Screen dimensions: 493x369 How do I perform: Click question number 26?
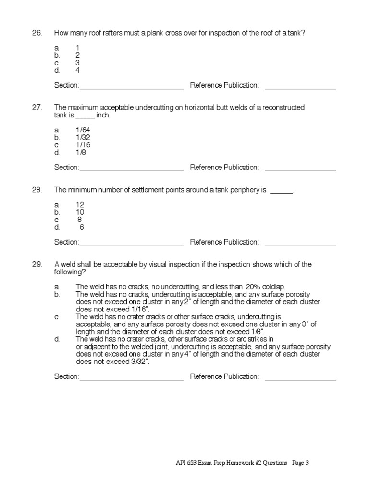click(37, 33)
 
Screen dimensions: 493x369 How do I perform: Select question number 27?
click(37, 107)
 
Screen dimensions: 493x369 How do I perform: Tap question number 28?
click(37, 190)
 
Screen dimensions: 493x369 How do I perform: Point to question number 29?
click(37, 264)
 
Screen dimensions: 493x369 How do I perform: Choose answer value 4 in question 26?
click(77, 70)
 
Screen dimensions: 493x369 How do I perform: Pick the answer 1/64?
click(83, 130)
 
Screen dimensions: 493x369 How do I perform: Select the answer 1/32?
click(83, 138)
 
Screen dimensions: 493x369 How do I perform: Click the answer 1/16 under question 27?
click(83, 145)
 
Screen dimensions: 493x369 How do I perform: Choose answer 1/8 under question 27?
click(81, 153)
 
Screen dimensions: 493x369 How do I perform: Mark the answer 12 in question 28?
click(80, 205)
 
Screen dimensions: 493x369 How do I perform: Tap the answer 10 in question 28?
click(80, 212)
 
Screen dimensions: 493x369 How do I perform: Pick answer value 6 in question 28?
click(82, 227)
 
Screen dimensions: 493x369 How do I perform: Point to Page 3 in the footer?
click(300, 463)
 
